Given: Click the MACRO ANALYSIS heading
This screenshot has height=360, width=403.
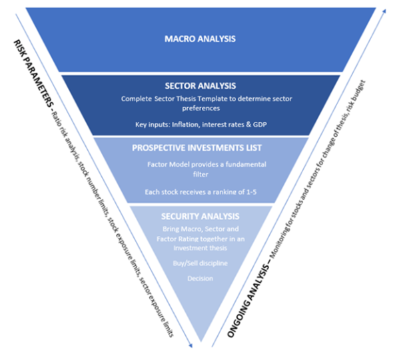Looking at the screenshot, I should point(200,39).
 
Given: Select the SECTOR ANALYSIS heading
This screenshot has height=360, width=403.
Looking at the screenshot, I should point(200,86).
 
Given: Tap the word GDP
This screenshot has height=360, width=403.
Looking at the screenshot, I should point(248,124).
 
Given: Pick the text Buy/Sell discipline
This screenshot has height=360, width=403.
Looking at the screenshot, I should point(200,263).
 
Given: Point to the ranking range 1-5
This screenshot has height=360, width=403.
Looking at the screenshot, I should point(246,192).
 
